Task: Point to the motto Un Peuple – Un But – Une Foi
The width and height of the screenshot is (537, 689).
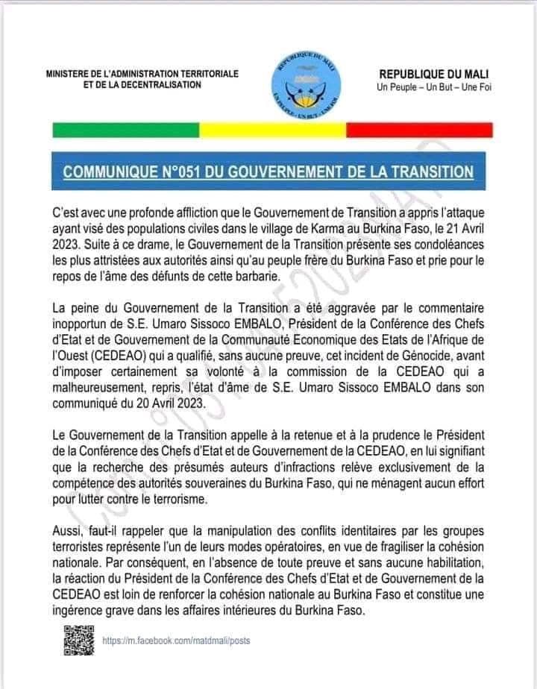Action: coord(428,89)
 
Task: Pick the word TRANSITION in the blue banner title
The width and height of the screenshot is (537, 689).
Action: coord(428,172)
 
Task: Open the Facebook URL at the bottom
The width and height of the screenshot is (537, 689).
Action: coord(176,641)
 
